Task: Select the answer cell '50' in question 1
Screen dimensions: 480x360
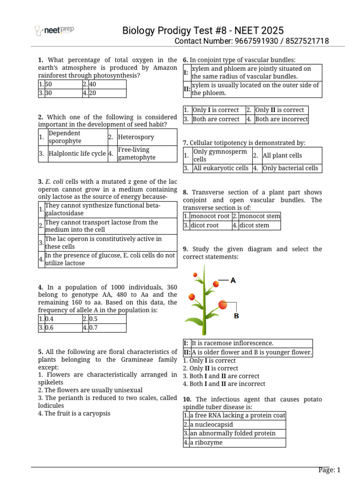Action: [49, 84]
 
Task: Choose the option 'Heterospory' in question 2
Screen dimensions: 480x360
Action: [136, 137]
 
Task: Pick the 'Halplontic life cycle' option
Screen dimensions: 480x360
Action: [77, 154]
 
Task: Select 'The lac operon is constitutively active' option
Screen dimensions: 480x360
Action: [103, 242]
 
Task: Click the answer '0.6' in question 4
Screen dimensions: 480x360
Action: [50, 328]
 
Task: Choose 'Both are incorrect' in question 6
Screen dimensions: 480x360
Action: [281, 119]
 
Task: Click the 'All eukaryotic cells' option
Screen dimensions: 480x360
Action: [221, 168]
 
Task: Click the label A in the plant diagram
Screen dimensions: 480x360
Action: [232, 280]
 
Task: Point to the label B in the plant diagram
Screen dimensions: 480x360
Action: [236, 316]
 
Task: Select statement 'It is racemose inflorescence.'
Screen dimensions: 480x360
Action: [232, 344]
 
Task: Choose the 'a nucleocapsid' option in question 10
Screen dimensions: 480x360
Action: [211, 425]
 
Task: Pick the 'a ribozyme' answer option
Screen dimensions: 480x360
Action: [206, 442]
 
